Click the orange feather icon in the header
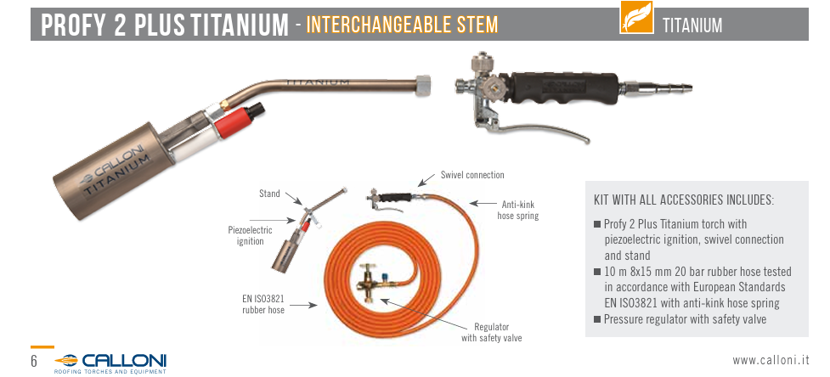(x=636, y=18)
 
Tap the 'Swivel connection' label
(x=472, y=175)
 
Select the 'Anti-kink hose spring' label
(x=518, y=210)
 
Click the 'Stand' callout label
(x=269, y=194)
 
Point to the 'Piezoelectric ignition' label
(x=250, y=236)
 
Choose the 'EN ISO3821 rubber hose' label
(x=263, y=305)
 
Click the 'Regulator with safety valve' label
(x=491, y=333)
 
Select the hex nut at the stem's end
(x=423, y=83)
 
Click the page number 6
(x=34, y=362)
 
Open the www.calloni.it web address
(x=771, y=361)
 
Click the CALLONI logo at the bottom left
(x=110, y=363)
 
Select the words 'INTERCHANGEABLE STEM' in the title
(x=403, y=25)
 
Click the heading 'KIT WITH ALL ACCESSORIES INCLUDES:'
(x=684, y=200)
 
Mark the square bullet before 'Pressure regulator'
(x=597, y=319)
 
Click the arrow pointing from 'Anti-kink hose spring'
(x=482, y=203)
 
